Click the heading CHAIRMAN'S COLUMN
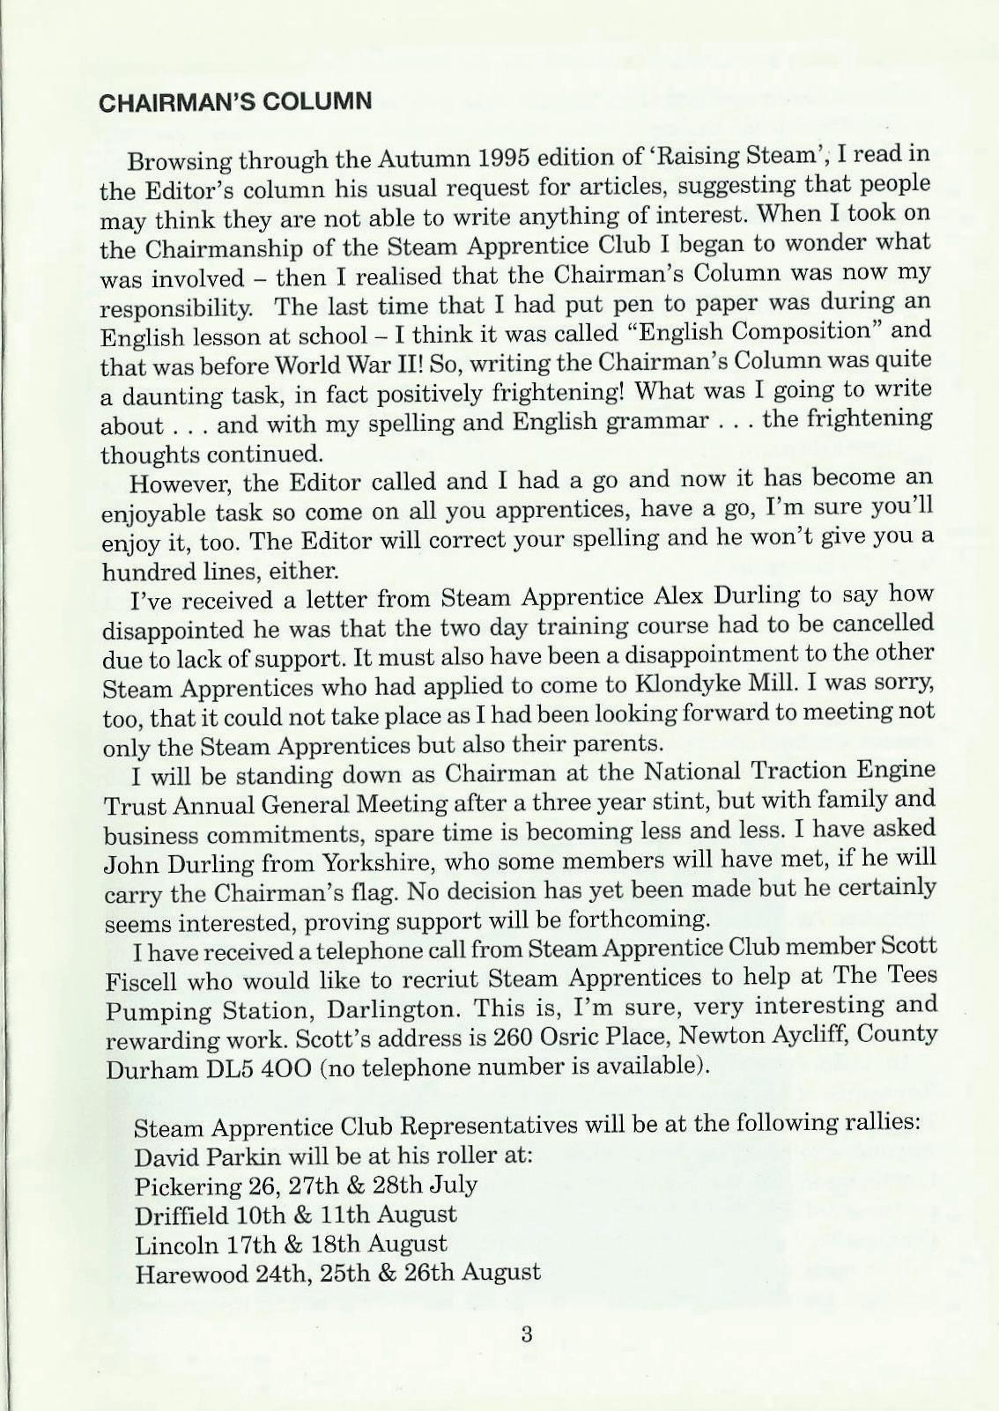[235, 100]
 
